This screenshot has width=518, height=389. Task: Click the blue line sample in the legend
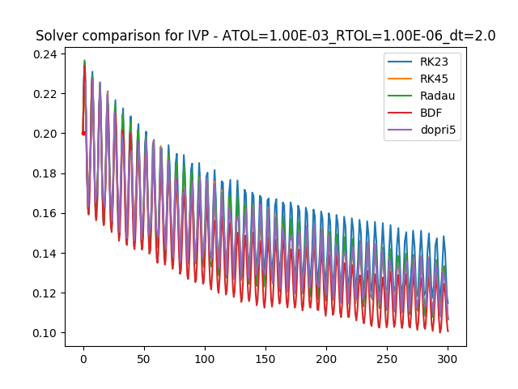click(x=401, y=62)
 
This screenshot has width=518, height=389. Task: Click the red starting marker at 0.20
click(x=83, y=133)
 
